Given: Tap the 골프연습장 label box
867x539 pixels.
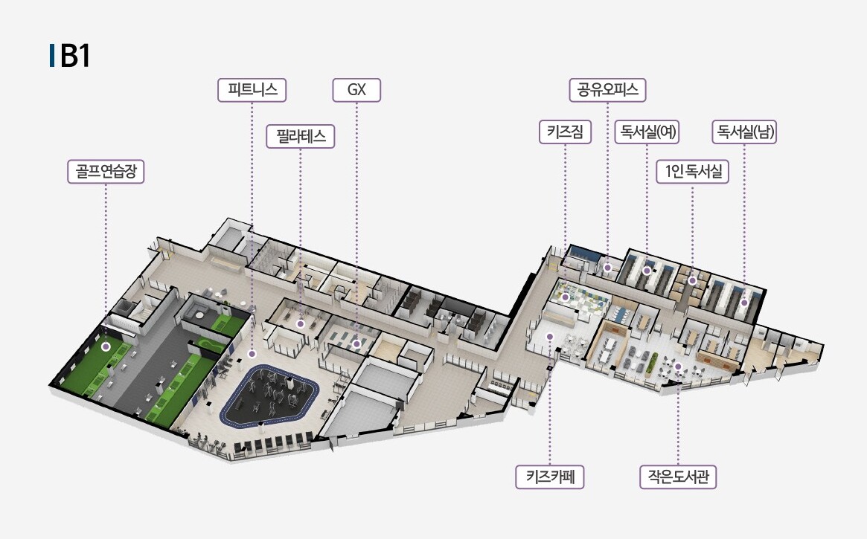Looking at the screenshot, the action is [x=105, y=172].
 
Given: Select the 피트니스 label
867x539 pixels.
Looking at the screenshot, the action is [x=252, y=91].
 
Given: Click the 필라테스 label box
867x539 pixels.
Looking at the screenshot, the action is [x=301, y=137].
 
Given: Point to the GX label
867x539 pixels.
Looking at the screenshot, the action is [x=356, y=91].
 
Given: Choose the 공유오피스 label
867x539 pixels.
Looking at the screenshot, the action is [x=607, y=91].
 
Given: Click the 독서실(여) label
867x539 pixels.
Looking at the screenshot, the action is [x=646, y=132].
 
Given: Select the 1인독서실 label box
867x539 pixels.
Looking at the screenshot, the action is [x=692, y=172].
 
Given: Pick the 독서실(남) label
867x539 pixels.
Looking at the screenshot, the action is [x=744, y=132].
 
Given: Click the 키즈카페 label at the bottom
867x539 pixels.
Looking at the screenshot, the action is [x=550, y=477].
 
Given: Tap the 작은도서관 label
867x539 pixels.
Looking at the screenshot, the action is [x=678, y=477].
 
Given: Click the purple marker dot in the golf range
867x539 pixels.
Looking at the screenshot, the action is [x=106, y=346].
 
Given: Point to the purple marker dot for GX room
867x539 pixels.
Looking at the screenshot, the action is [x=357, y=344].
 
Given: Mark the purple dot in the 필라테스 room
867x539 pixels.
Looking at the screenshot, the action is [x=301, y=324].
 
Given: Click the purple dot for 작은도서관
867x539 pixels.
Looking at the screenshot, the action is [x=679, y=367].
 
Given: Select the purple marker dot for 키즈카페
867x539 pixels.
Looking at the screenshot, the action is [x=550, y=337].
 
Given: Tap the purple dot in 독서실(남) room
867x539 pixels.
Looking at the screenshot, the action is [x=744, y=303].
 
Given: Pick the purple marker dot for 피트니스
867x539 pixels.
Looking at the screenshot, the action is [x=252, y=355].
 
